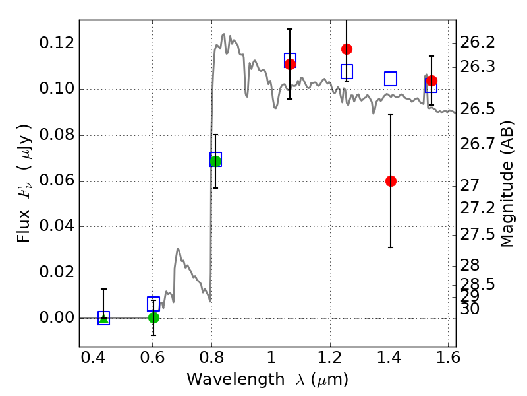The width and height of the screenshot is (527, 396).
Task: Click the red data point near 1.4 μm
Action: (x=391, y=181)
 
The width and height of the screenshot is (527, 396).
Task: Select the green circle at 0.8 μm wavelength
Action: (x=215, y=161)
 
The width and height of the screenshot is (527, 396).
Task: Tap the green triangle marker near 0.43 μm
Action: (x=103, y=318)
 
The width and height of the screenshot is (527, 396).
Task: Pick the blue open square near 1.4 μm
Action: (x=391, y=79)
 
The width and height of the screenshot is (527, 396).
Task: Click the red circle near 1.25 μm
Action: (x=347, y=49)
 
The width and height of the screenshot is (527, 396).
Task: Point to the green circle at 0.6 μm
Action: (x=153, y=317)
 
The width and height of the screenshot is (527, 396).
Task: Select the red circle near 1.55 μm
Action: (x=431, y=81)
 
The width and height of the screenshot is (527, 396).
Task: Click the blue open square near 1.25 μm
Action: (x=347, y=71)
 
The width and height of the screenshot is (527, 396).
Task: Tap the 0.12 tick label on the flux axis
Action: (x=57, y=43)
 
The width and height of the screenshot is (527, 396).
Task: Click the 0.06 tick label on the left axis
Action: (x=57, y=180)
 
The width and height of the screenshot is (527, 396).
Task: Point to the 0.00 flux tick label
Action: (x=57, y=317)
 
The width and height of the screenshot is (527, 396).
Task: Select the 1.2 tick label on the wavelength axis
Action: (x=330, y=358)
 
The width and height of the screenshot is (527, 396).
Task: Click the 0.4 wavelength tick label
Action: (x=94, y=358)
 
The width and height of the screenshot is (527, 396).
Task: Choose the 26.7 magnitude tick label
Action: (x=477, y=144)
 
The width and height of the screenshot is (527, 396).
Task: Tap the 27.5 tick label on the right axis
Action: (x=477, y=234)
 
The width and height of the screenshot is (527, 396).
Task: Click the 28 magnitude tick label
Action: (x=470, y=265)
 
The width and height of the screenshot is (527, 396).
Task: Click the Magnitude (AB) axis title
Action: (x=507, y=184)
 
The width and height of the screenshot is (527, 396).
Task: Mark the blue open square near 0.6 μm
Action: (x=153, y=304)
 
